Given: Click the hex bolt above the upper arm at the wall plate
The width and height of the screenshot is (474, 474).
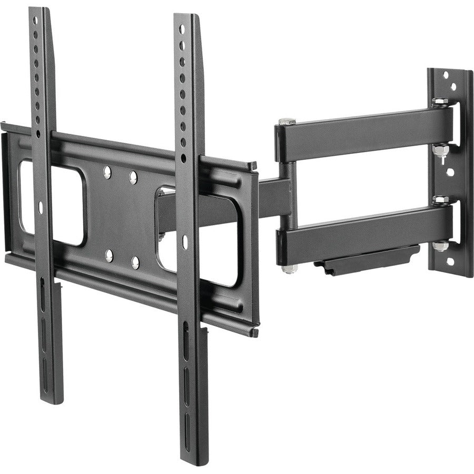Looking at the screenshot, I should point(440,101).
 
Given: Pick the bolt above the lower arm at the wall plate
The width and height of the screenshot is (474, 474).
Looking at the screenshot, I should point(440,200).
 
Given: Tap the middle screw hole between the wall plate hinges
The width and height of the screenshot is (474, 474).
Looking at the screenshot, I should point(450,172).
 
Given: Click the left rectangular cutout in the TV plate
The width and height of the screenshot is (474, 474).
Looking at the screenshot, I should point(53,203).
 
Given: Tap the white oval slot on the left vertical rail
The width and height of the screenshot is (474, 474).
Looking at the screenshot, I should point(41,208).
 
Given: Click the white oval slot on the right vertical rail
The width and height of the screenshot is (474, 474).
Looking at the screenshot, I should point(185,242).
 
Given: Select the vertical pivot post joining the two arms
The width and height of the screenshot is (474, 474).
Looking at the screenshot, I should point(285,195).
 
